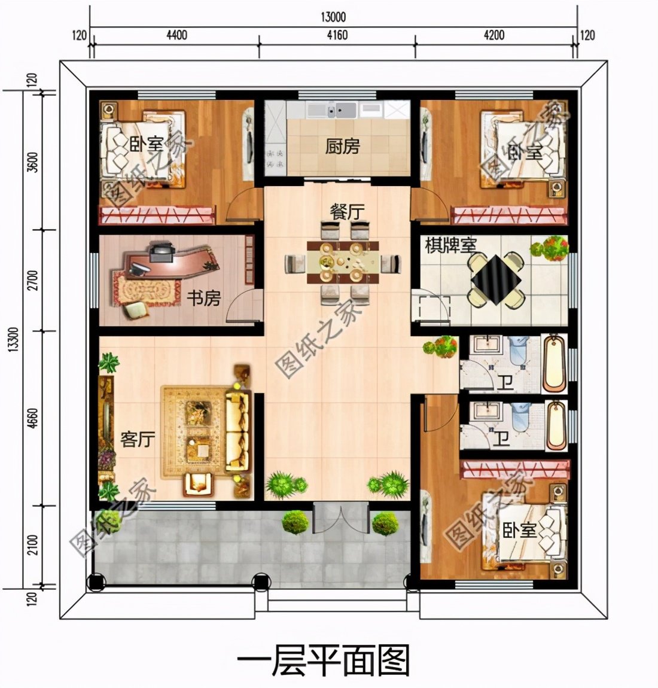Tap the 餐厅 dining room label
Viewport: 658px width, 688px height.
[x=347, y=212]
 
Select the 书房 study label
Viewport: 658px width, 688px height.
[x=205, y=297]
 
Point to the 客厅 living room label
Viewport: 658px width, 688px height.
[x=138, y=439]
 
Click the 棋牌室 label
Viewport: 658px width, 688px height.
[x=450, y=245]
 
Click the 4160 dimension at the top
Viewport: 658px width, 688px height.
[x=337, y=35]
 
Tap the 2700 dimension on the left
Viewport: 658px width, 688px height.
[x=32, y=281]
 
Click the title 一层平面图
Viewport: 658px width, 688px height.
[x=324, y=661]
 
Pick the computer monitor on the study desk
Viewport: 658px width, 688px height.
[x=161, y=252]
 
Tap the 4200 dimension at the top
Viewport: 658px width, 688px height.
[x=493, y=35]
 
